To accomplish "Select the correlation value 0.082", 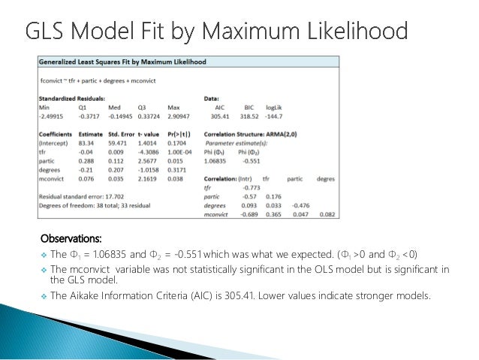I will point(325,215).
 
